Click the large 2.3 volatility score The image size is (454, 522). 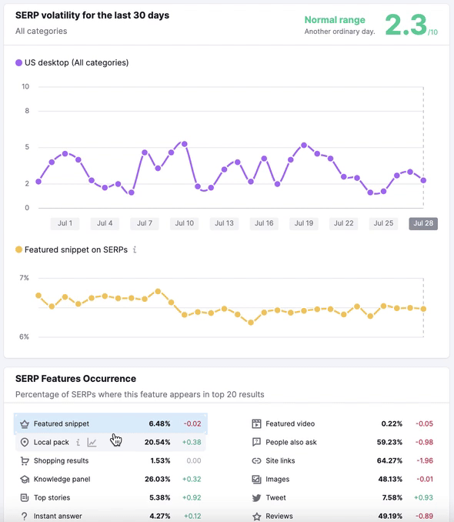406,25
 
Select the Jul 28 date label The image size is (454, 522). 423,223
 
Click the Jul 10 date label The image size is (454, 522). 185,223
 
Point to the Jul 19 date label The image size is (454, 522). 304,223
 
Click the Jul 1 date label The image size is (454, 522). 65,223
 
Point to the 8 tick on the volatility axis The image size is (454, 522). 26,111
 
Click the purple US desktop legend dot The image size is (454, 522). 19,62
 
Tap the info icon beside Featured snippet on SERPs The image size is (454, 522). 135,249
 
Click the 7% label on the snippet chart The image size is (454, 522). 25,277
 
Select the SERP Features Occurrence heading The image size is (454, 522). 75,379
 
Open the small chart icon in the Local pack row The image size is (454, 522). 92,442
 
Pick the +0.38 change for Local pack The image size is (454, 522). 192,442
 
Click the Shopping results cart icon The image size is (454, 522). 25,460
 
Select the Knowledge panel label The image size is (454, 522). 62,479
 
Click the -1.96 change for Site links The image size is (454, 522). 424,460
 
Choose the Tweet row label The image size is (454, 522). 275,497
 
